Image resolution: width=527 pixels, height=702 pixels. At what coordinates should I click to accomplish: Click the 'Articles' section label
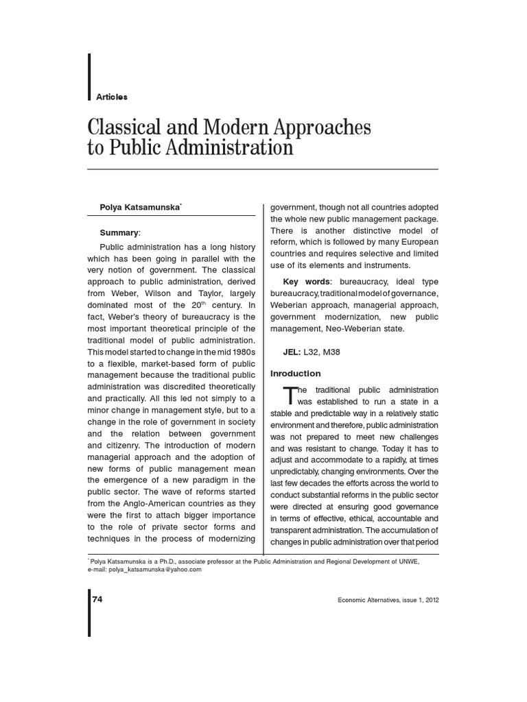pyautogui.click(x=112, y=97)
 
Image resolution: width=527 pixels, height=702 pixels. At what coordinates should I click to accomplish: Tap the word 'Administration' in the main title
pyautogui.click(x=233, y=147)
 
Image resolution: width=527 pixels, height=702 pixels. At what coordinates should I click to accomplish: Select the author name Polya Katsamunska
pyautogui.click(x=140, y=207)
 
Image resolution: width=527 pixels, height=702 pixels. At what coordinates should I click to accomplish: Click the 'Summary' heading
pyautogui.click(x=119, y=233)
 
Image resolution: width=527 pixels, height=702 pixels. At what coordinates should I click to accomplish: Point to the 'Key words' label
pyautogui.click(x=306, y=282)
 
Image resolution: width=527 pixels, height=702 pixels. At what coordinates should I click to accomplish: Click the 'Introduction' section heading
pyautogui.click(x=295, y=374)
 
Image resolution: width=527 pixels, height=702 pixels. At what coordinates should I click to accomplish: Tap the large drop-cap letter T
pyautogui.click(x=291, y=396)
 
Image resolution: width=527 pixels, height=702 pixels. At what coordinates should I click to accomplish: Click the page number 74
pyautogui.click(x=97, y=598)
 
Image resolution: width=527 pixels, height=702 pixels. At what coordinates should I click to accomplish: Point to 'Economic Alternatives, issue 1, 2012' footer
pyautogui.click(x=388, y=599)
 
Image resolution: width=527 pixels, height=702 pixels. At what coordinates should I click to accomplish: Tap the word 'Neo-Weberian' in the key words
pyautogui.click(x=355, y=328)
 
